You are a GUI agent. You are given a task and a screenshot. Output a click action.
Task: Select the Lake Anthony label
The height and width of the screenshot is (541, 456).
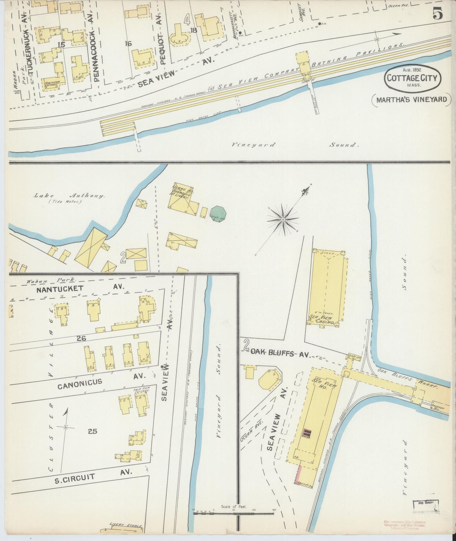click(x=69, y=196)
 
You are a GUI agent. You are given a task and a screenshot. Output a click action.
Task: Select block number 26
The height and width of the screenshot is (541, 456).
click(x=81, y=338)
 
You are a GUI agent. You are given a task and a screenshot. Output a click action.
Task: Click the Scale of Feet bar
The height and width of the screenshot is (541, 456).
click(x=234, y=513)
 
